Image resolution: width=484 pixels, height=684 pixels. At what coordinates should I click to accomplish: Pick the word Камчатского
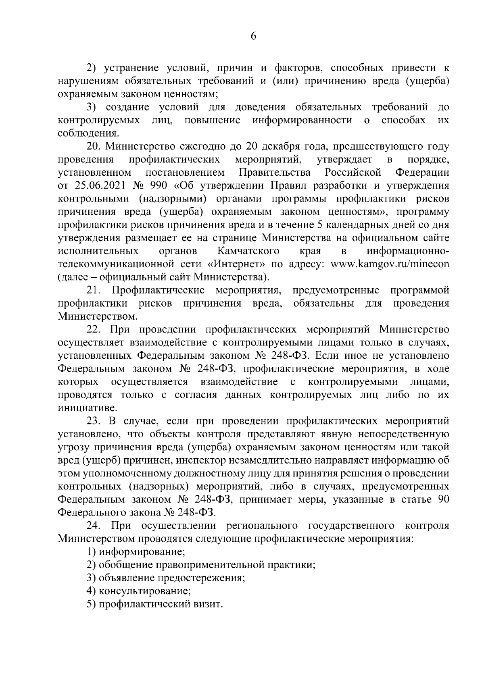[x=248, y=251]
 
